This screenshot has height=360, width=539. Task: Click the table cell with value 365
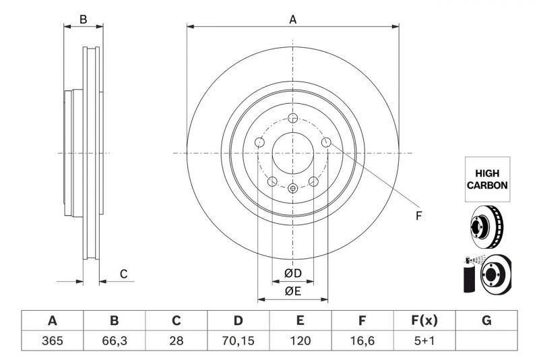[52, 341]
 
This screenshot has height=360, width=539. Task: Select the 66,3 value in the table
[114, 341]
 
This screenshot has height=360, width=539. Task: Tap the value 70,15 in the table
[238, 341]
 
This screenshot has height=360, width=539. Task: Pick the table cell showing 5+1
[424, 341]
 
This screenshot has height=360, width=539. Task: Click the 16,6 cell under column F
[362, 341]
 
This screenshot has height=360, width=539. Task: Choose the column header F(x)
[424, 320]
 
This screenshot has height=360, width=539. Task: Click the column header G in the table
[486, 320]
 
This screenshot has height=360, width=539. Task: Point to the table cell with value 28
[176, 341]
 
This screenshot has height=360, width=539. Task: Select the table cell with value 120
[300, 341]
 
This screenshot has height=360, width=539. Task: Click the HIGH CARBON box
[486, 179]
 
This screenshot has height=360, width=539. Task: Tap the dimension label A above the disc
[293, 20]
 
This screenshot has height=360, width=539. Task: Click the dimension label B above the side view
[84, 20]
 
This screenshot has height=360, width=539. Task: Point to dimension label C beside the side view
[123, 274]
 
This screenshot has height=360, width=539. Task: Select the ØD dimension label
[292, 273]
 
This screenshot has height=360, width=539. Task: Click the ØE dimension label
[292, 291]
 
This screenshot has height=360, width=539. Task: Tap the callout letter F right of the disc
[418, 216]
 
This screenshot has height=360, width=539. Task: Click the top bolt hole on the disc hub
[292, 118]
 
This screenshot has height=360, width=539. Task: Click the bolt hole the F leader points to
[326, 142]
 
